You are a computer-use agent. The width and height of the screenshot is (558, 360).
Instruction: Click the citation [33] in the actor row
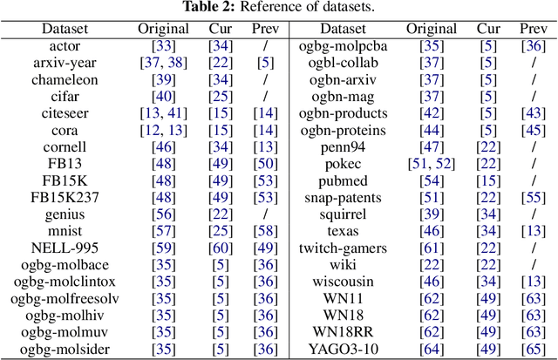coord(162,43)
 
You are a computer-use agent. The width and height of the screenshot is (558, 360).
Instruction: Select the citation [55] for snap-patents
coord(527,199)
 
